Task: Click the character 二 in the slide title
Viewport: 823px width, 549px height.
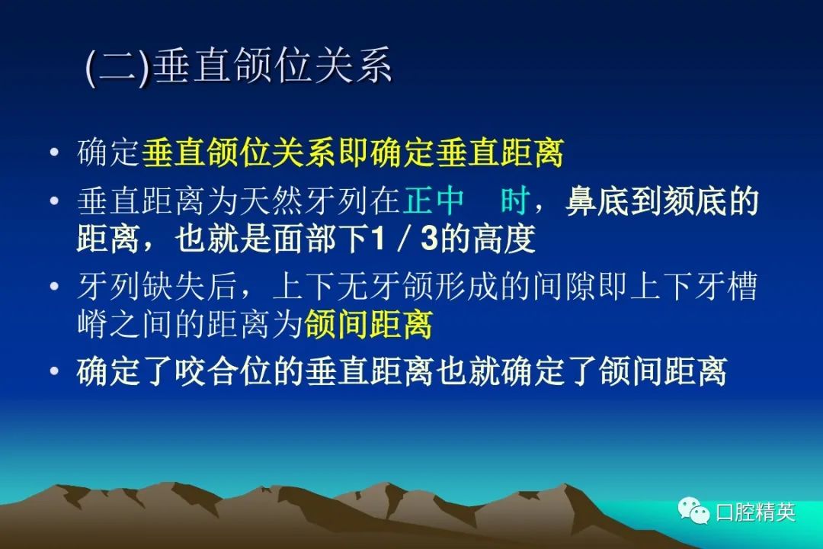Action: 118,67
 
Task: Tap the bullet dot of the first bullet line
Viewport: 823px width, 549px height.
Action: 54,152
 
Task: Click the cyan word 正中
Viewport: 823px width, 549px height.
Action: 434,201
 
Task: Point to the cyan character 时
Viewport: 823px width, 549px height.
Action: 514,201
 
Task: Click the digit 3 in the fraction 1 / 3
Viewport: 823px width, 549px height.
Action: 429,238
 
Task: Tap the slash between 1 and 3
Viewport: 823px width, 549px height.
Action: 403,238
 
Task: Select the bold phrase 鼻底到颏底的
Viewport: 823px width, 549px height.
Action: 662,201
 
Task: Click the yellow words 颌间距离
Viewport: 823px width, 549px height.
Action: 368,324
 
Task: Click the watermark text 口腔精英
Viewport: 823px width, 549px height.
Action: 756,512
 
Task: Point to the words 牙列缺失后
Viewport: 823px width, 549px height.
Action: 158,287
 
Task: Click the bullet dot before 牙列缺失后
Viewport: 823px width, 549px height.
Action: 54,287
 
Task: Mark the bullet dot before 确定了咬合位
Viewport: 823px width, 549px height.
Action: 54,371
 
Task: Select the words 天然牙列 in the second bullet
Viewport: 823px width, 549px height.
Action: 304,201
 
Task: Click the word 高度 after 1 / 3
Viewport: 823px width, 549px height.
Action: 504,238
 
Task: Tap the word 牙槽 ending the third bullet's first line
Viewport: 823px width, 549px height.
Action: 726,287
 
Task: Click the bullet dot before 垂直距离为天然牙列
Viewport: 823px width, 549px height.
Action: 54,201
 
